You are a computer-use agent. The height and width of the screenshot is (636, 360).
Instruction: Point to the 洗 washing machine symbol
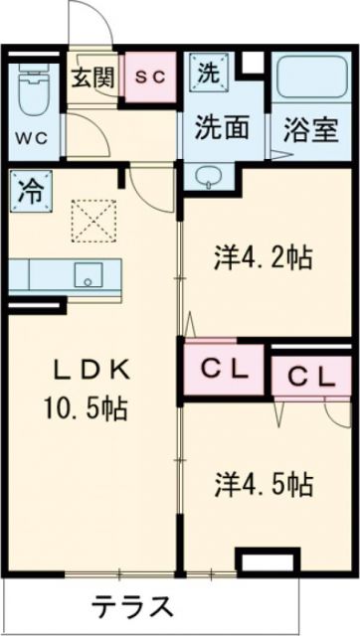209,71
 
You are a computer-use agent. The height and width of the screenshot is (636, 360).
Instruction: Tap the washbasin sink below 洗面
210,175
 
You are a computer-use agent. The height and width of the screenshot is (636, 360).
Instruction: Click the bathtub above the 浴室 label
307,79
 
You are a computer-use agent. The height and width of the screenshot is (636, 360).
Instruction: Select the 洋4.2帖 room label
263,258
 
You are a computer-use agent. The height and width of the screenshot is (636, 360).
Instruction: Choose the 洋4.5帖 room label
264,484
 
